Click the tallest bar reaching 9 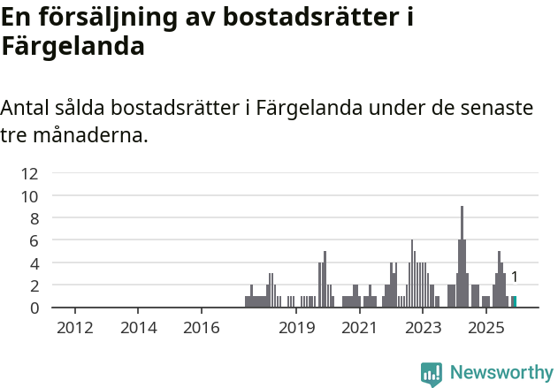pyautogui.click(x=462, y=256)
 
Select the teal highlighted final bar pyautogui.click(x=514, y=301)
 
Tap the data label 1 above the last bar pyautogui.click(x=514, y=278)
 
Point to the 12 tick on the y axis pyautogui.click(x=30, y=173)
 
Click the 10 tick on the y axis pyautogui.click(x=30, y=196)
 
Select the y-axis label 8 pyautogui.click(x=34, y=218)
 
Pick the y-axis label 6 pyautogui.click(x=34, y=240)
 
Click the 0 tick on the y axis pyautogui.click(x=34, y=308)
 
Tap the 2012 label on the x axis pyautogui.click(x=75, y=329)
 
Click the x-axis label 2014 pyautogui.click(x=139, y=329)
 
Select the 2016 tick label pyautogui.click(x=202, y=329)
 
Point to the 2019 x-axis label pyautogui.click(x=296, y=329)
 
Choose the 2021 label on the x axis pyautogui.click(x=359, y=329)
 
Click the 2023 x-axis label pyautogui.click(x=423, y=329)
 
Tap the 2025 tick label pyautogui.click(x=485, y=329)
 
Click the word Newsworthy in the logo pyautogui.click(x=501, y=373)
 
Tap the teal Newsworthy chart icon pyautogui.click(x=432, y=374)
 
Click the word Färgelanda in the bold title pyautogui.click(x=73, y=46)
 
